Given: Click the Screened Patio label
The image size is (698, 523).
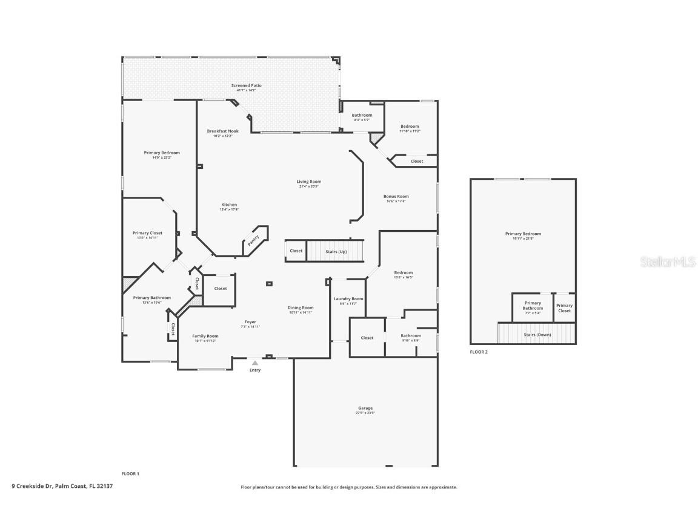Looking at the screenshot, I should click(246, 86).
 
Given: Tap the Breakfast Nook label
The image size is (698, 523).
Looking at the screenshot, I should click(222, 131).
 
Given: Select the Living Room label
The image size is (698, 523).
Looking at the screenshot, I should click(308, 182).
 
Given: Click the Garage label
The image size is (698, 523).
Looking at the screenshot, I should click(365, 409).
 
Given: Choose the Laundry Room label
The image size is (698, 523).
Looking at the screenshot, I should click(348, 299).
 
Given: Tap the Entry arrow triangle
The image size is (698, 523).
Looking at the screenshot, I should click(255, 363).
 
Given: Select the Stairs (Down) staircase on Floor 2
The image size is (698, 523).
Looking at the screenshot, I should click(536, 334).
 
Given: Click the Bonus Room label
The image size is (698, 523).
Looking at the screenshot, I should click(396, 197).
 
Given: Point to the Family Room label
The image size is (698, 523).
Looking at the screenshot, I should click(205, 336).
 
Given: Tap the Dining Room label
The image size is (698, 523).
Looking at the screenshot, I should click(300, 308).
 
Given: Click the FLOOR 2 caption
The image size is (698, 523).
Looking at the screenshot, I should click(479, 352).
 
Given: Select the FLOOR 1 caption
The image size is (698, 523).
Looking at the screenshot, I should click(130, 473).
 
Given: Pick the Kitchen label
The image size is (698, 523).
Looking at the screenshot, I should click(229, 205).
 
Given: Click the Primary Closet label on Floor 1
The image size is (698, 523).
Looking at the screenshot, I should click(147, 233).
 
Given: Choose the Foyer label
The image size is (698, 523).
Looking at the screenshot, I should click(250, 322).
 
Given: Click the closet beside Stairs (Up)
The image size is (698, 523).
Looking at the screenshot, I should click(296, 251).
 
